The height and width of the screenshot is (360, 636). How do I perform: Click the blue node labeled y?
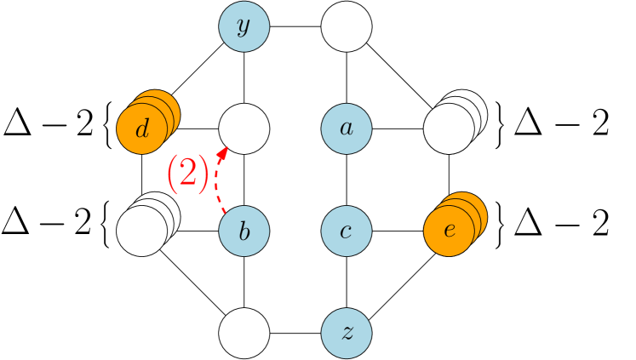click(x=244, y=26)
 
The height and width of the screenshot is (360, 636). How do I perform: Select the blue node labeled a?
click(x=347, y=129)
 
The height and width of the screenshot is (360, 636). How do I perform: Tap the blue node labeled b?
click(x=244, y=231)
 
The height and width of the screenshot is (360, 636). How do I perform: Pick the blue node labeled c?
click(x=347, y=231)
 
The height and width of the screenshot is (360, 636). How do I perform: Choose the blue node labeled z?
click(x=347, y=333)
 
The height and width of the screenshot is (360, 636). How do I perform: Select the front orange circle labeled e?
click(x=449, y=231)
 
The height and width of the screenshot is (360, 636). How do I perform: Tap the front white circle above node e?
click(x=449, y=129)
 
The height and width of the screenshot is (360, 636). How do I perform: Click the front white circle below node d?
click(x=141, y=231)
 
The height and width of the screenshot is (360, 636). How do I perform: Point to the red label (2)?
click(x=187, y=174)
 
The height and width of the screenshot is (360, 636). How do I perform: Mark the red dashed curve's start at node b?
click(x=226, y=212)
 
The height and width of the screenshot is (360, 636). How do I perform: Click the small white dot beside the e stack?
click(x=486, y=202)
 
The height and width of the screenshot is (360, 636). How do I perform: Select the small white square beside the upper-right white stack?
click(x=486, y=101)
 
